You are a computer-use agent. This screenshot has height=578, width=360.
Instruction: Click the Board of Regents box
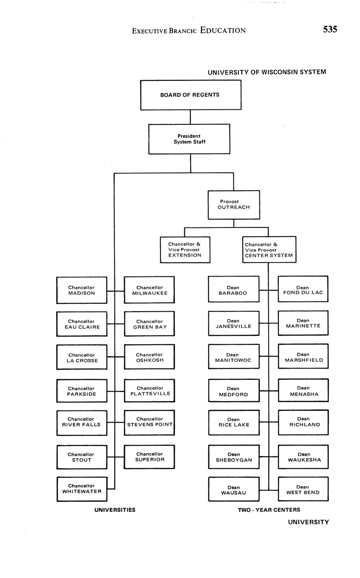point(190,95)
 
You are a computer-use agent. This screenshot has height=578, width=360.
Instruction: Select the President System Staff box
point(189,139)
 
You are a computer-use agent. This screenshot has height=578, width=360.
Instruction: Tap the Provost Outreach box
point(234,205)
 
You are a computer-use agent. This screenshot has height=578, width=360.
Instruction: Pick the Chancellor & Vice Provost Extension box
point(185,250)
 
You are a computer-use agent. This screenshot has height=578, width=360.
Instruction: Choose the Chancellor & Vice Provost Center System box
point(269,250)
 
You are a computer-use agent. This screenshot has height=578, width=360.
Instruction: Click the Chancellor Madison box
point(82,290)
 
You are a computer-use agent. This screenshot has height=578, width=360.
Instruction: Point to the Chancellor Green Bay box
point(149,324)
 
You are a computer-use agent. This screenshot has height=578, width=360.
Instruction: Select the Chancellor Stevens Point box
point(149,422)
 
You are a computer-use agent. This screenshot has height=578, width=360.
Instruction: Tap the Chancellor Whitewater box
point(82,489)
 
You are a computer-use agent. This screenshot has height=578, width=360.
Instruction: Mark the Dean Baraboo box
point(233,290)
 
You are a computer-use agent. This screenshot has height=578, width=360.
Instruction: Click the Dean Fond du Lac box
point(303,289)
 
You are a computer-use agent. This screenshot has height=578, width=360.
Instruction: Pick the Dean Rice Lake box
point(233,422)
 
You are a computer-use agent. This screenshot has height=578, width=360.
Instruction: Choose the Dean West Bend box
point(303,489)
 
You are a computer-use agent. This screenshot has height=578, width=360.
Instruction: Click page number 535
point(330,29)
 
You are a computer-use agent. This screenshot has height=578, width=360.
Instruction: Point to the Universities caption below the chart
point(115,510)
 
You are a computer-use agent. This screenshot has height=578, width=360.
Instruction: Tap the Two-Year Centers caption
point(269,510)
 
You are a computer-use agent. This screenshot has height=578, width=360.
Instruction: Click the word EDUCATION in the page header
point(223,30)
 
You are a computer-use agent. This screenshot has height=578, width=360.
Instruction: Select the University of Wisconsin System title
point(267,72)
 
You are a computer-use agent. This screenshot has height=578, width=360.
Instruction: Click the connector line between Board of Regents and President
point(190,117)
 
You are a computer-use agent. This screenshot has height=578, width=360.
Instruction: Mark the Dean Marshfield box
point(303,357)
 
